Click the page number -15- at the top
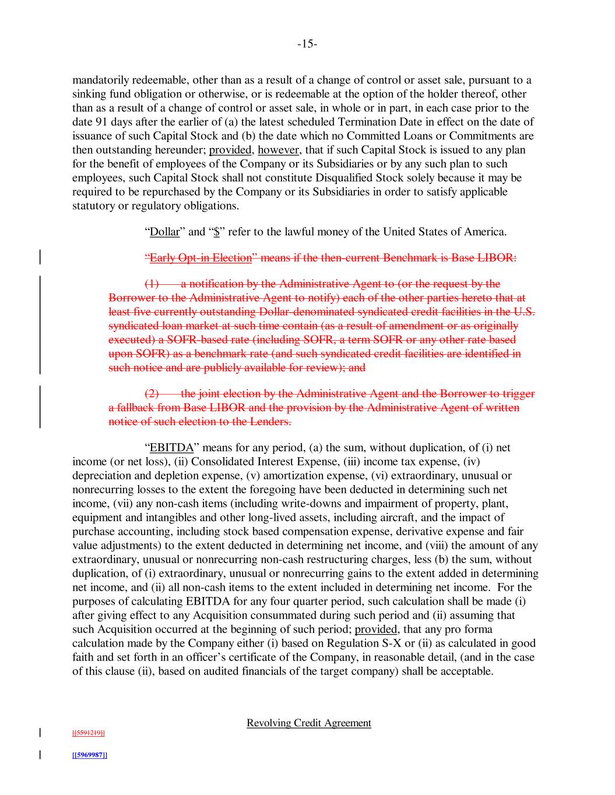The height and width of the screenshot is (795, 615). pyautogui.click(x=307, y=44)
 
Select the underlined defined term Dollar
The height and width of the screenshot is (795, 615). pyautogui.click(x=165, y=232)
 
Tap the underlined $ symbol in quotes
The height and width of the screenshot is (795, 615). pyautogui.click(x=216, y=232)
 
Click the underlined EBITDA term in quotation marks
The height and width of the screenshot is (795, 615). pyautogui.click(x=171, y=448)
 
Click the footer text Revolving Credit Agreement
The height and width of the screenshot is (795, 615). pyautogui.click(x=308, y=723)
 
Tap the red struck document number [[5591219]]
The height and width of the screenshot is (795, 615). pyautogui.click(x=89, y=733)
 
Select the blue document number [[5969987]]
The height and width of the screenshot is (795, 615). pyautogui.click(x=89, y=755)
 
